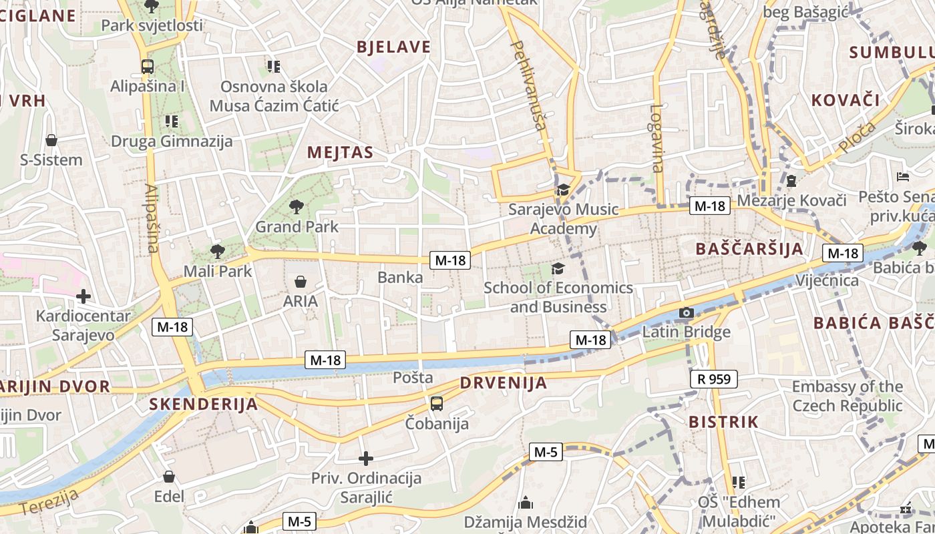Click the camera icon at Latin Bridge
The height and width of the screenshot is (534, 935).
(x=686, y=312)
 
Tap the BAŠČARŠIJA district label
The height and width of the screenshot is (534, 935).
(x=749, y=249)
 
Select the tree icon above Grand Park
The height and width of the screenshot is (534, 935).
(x=296, y=207)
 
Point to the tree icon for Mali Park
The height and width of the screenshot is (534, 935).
(x=217, y=252)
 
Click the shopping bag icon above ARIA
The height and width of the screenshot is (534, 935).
(x=301, y=282)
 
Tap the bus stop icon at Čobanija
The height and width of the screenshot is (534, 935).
(x=436, y=403)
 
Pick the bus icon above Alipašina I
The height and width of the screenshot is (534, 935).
(x=148, y=67)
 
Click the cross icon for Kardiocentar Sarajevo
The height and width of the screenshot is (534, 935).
(x=83, y=296)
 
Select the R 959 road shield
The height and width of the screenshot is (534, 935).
(x=713, y=379)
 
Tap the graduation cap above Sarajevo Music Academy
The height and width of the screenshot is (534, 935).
(x=563, y=190)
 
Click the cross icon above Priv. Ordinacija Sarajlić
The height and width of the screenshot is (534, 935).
(x=365, y=459)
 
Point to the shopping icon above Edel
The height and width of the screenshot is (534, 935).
(x=169, y=477)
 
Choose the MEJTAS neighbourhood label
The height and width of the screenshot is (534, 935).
(x=340, y=153)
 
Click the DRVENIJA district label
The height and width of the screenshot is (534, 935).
(x=504, y=383)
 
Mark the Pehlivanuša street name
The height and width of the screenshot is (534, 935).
(x=528, y=83)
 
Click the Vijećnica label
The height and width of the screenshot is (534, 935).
(x=827, y=280)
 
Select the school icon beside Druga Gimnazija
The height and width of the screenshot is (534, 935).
(x=172, y=121)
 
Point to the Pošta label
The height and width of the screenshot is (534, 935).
(x=413, y=377)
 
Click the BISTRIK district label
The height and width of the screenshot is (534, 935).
(x=723, y=422)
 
